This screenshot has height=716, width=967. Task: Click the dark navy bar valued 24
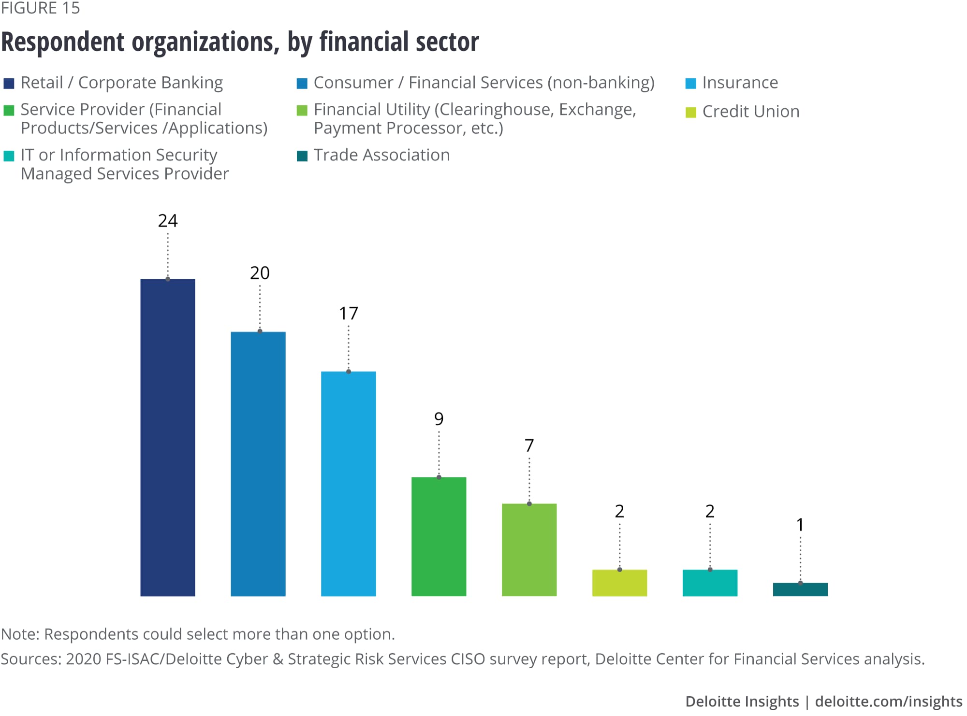(x=168, y=437)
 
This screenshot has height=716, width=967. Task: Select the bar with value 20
(x=258, y=464)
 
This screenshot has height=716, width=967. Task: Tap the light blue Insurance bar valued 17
(x=349, y=484)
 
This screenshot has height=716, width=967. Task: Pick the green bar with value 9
(x=439, y=536)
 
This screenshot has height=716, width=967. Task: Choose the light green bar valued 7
(x=529, y=550)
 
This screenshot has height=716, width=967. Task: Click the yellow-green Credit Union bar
(x=619, y=583)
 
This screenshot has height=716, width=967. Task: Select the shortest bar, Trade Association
(x=800, y=589)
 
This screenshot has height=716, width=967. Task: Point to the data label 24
(x=168, y=221)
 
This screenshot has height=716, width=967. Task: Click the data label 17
(x=349, y=314)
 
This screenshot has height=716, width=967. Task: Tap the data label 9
(x=439, y=418)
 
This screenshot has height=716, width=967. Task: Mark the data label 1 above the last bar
(x=800, y=525)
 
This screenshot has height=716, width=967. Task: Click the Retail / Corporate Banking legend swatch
(x=9, y=84)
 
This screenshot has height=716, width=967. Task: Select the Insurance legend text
(x=740, y=83)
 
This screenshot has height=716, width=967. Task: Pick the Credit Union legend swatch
(x=691, y=112)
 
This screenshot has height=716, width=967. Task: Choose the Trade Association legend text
(x=381, y=155)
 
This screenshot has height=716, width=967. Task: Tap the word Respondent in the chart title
(x=63, y=42)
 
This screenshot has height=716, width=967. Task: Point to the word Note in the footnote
(x=20, y=634)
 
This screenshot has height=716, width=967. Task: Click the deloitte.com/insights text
(x=889, y=702)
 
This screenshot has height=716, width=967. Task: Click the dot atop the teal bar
(x=710, y=570)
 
